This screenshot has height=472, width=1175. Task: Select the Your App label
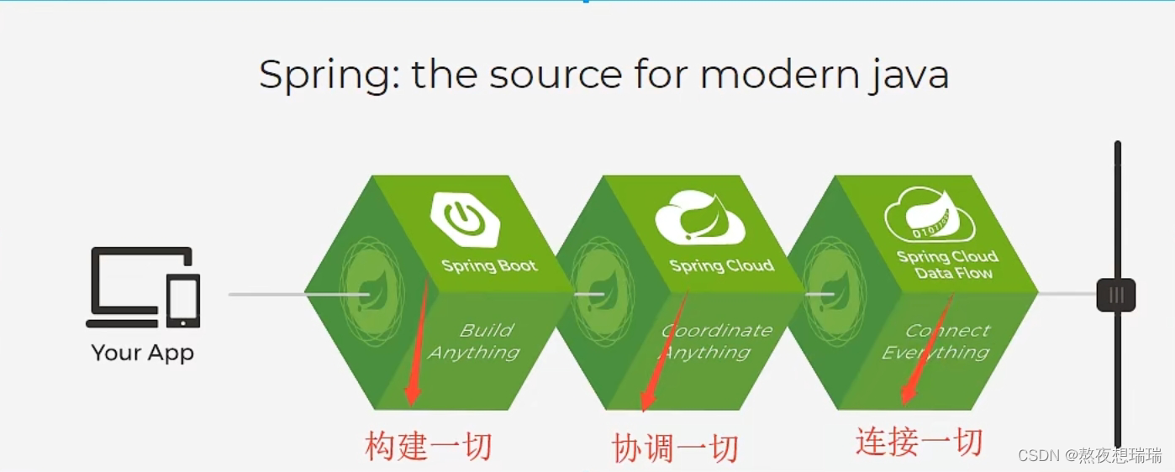[143, 353]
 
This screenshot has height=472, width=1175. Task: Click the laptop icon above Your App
[126, 286]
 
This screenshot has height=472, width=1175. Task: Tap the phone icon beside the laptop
[183, 301]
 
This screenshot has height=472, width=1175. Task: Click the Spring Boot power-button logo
[465, 219]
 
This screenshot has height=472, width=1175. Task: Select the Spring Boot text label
[489, 266]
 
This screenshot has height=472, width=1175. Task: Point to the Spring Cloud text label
[722, 266]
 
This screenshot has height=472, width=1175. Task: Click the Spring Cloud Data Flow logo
[930, 215]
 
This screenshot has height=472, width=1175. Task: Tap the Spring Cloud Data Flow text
[948, 265]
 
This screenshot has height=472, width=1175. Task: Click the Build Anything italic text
[474, 342]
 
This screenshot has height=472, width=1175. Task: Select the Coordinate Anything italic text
[716, 342]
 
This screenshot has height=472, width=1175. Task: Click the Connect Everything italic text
[935, 342]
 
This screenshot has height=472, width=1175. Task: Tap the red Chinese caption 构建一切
[429, 446]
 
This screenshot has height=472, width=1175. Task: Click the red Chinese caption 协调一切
[676, 448]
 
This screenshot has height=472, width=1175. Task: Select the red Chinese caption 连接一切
[919, 442]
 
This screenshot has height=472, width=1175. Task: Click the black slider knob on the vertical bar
[1116, 295]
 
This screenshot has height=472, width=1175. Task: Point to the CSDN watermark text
[1089, 455]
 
